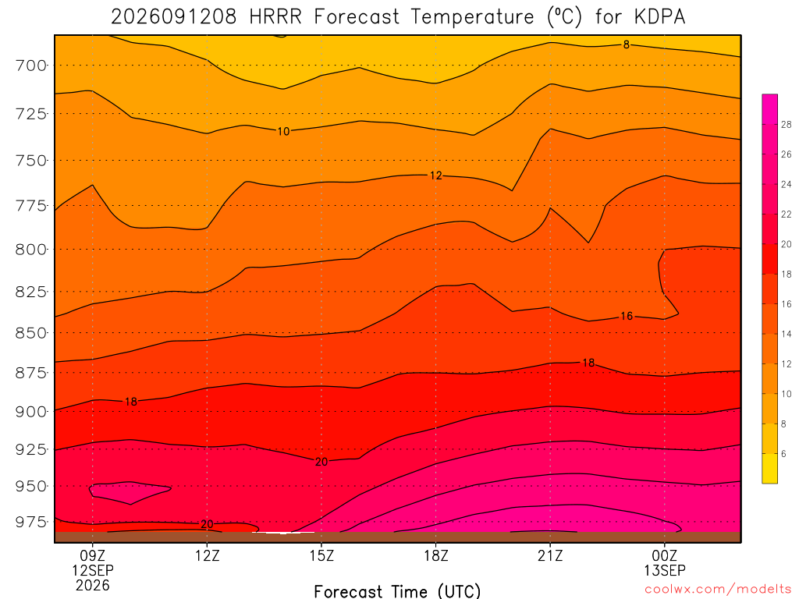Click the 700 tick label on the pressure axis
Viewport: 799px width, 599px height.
[30, 66]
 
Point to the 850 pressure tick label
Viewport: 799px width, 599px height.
[30, 333]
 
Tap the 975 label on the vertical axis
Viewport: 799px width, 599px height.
[30, 522]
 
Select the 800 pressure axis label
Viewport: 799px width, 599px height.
[30, 250]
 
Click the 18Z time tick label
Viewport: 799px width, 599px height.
[435, 555]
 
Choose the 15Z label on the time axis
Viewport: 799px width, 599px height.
[321, 555]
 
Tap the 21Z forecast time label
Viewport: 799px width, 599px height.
[550, 555]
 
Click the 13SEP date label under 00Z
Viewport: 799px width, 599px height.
[665, 570]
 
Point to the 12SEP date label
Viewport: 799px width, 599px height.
[93, 570]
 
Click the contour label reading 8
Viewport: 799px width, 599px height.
[627, 44]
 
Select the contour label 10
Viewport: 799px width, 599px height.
[283, 131]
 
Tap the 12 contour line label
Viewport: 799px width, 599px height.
[435, 175]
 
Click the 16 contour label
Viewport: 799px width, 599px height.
[627, 317]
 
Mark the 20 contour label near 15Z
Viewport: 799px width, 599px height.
[321, 462]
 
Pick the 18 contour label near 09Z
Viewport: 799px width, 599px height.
[131, 402]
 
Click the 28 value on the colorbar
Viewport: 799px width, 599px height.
[787, 125]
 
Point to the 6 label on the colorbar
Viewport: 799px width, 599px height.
[783, 454]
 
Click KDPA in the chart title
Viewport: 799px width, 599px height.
[659, 17]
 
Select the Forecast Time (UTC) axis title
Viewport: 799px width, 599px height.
[397, 591]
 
